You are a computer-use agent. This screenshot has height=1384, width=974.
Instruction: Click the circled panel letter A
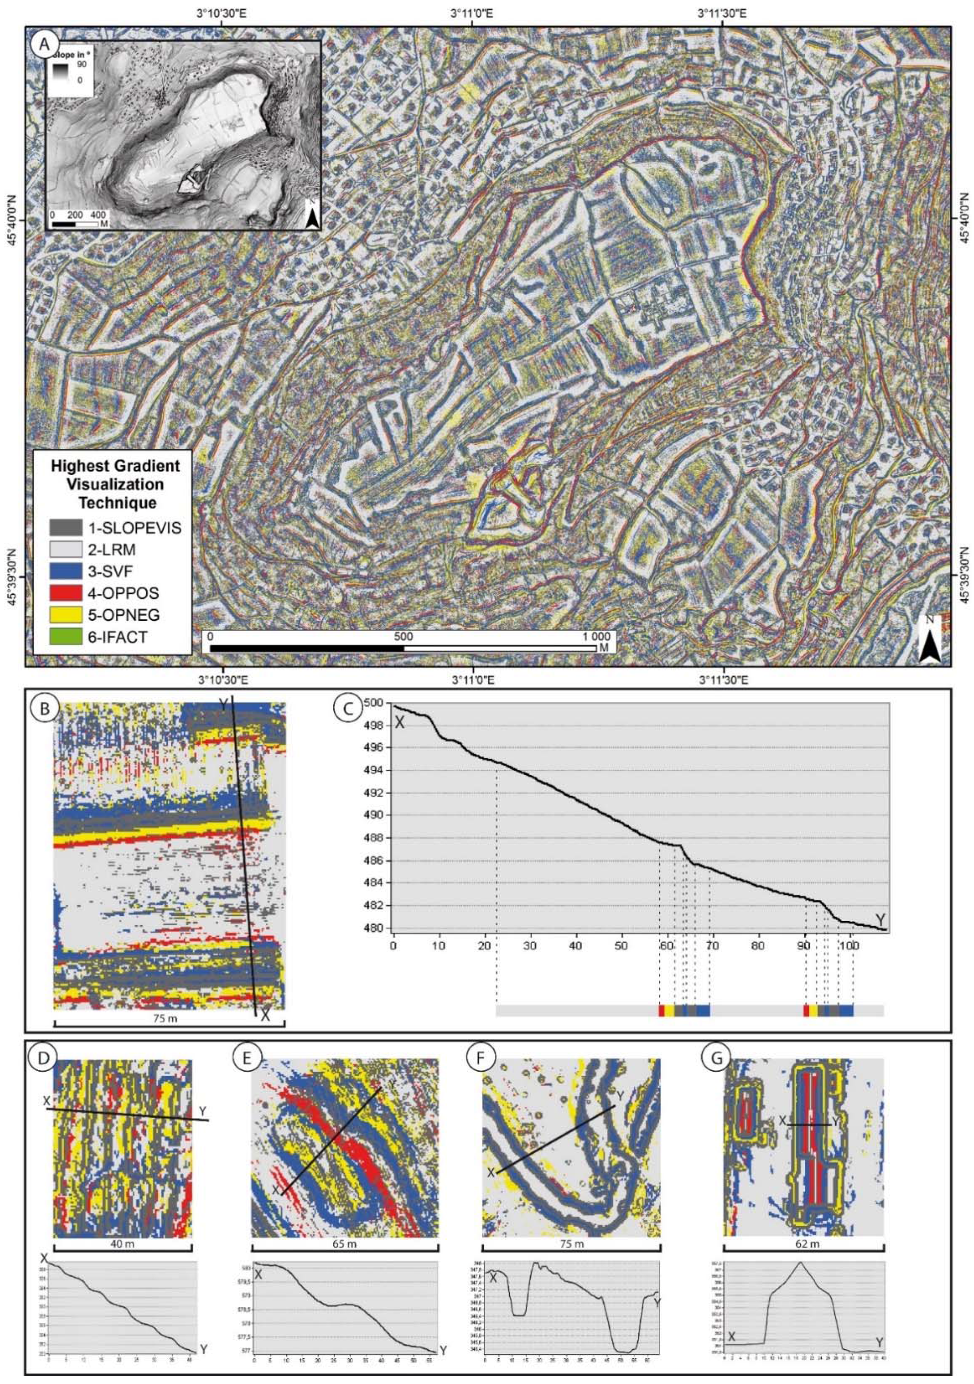[47, 45]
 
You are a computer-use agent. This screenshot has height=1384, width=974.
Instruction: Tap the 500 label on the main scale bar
[403, 637]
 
